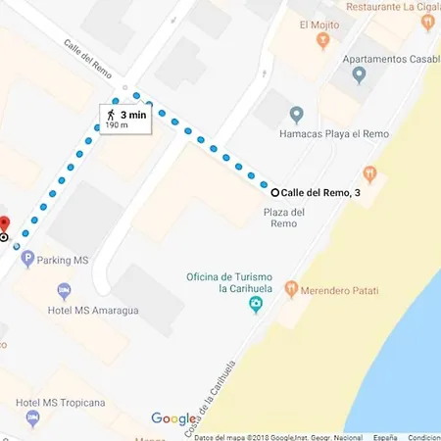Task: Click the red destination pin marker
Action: click(3, 222)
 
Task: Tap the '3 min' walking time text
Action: click(134, 114)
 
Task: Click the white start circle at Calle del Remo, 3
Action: click(274, 192)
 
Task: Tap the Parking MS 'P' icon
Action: click(27, 260)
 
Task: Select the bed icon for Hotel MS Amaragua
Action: click(65, 291)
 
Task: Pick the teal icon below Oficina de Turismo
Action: click(256, 306)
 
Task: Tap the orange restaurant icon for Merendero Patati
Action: click(291, 290)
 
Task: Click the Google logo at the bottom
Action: click(173, 418)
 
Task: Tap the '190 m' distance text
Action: click(117, 125)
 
